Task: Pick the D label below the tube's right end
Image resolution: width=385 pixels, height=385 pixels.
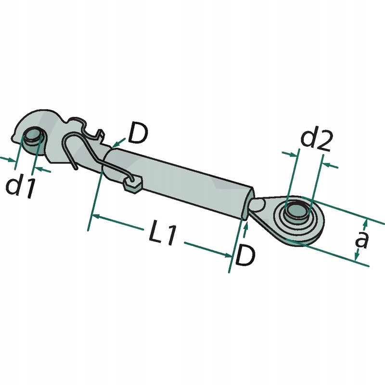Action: click(244, 257)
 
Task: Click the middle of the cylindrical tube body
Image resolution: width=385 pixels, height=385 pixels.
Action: click(178, 180)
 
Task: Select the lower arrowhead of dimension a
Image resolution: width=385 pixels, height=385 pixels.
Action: click(357, 258)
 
